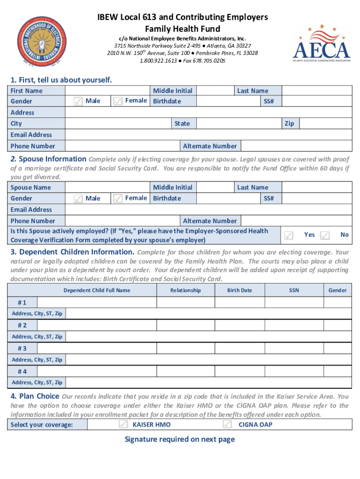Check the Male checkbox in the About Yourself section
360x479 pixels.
click(x=79, y=101)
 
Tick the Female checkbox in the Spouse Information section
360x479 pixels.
click(x=118, y=198)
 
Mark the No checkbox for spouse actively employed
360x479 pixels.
click(x=325, y=235)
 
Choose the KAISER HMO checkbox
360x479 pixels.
click(x=123, y=424)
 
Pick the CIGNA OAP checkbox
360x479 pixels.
click(x=227, y=424)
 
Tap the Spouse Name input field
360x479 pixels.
click(x=108, y=188)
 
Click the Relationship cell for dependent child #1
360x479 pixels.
click(x=185, y=302)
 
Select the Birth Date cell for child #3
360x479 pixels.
click(x=239, y=348)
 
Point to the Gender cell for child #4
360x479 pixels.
click(x=338, y=371)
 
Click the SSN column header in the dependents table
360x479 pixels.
click(x=294, y=290)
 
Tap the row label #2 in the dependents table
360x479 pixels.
click(x=22, y=325)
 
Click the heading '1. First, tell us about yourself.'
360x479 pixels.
click(x=61, y=80)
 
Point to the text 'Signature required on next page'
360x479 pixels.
click(x=180, y=439)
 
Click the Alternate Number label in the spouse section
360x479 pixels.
click(x=210, y=221)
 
